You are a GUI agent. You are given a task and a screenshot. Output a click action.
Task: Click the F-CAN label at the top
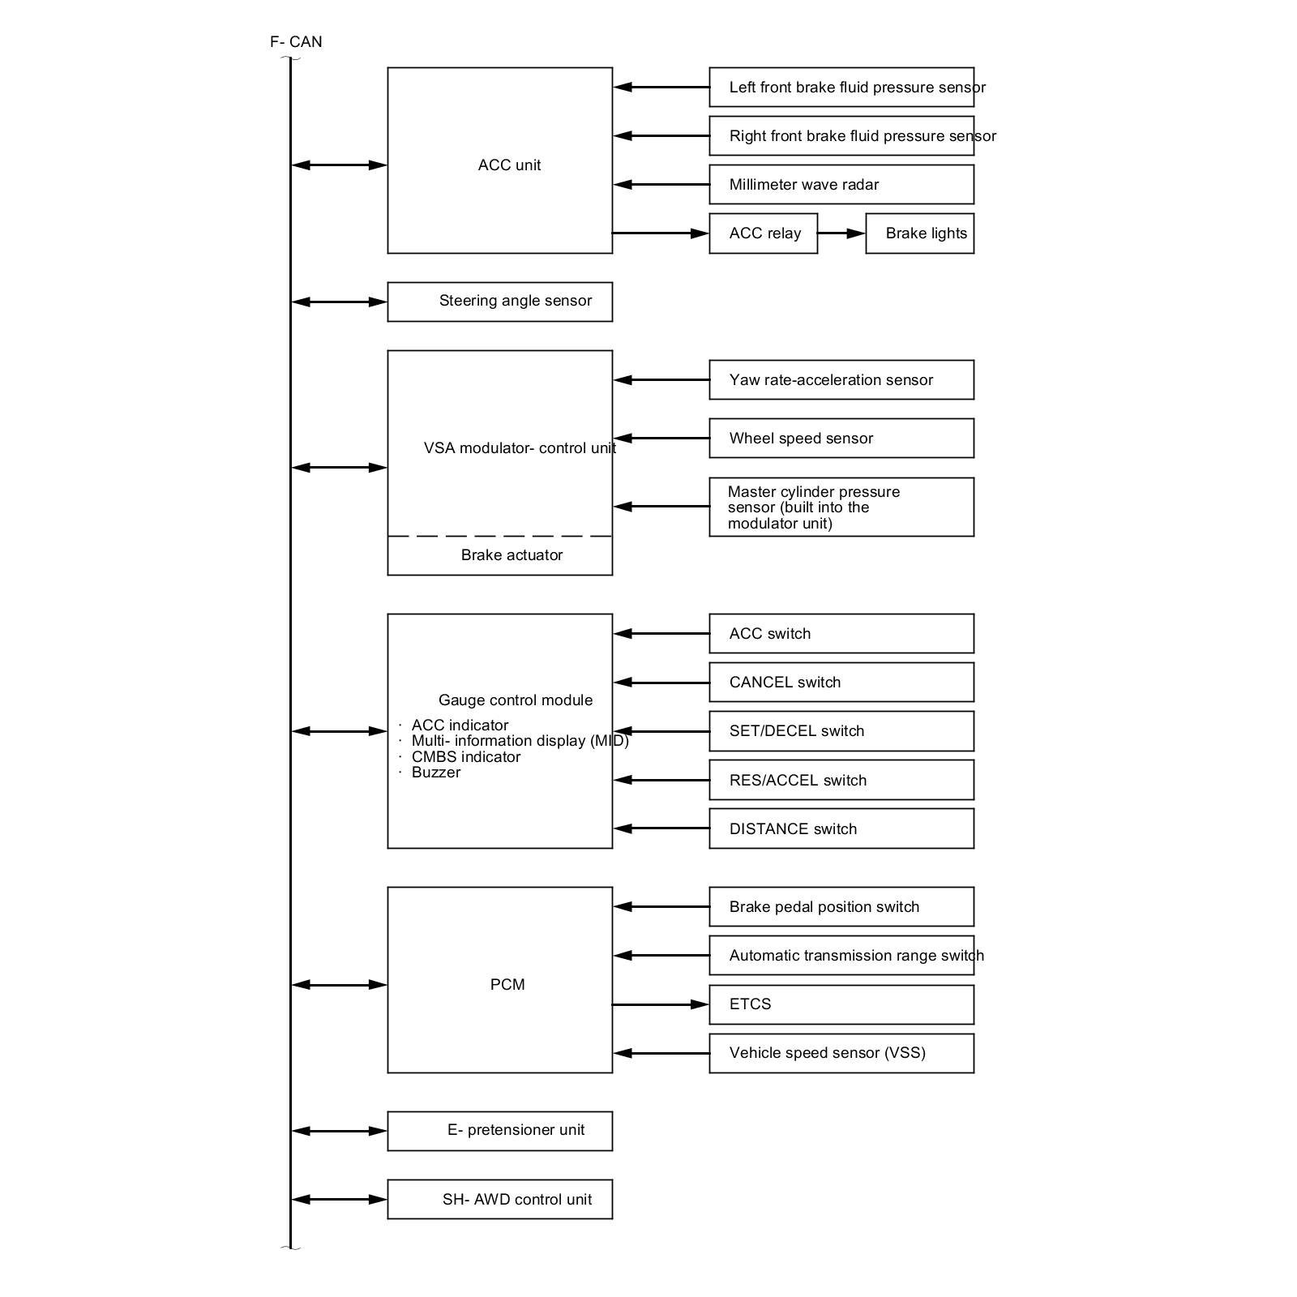296,42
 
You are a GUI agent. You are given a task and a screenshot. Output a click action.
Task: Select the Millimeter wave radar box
841,185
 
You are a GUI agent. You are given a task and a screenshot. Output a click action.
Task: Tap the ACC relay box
763,233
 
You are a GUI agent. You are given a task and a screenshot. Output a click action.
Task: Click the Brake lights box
919,233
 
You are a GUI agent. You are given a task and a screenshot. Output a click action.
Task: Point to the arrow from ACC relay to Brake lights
841,233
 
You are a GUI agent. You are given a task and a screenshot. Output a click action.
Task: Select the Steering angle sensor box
499,302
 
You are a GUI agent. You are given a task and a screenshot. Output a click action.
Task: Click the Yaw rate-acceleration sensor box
841,380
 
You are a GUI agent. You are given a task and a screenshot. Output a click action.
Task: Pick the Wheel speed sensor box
841,439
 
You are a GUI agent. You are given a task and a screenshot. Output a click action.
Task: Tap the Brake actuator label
512,555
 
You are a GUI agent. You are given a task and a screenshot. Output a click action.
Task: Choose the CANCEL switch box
841,683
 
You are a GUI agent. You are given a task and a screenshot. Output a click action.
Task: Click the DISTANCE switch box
841,828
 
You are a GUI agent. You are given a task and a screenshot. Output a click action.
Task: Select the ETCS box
841,1004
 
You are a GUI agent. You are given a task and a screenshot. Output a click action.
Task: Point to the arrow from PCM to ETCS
660,1004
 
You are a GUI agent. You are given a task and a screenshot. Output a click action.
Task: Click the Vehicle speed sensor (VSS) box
841,1053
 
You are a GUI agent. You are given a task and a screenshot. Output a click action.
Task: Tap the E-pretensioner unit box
499,1131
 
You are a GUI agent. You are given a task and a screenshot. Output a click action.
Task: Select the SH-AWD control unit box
499,1199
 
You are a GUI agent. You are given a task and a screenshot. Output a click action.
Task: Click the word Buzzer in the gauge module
436,773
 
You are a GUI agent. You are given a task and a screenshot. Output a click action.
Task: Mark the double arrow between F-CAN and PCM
339,985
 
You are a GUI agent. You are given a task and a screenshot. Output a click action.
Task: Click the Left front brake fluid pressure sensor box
841,88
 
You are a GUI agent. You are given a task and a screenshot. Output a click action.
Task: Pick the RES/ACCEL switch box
841,780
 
